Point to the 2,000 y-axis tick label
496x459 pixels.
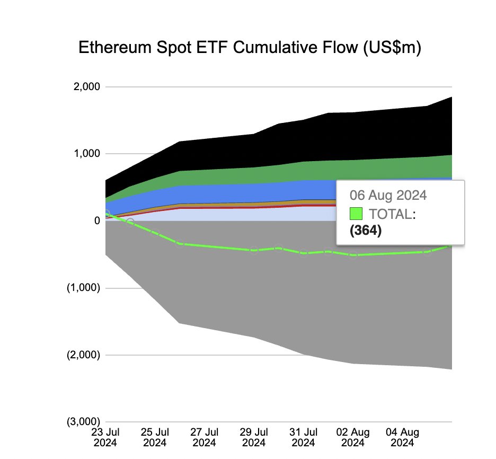pos(86,86)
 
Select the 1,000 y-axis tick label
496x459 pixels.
pos(86,154)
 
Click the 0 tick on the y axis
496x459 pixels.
pos(96,220)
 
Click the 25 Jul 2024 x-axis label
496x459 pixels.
pos(155,437)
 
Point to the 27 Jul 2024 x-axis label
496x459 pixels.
pos(204,437)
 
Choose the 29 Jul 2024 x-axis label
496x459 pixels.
pos(253,437)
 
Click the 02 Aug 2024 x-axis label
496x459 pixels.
pos(352,437)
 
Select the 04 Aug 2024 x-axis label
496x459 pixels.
pos(401,437)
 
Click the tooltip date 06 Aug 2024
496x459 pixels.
pos(388,195)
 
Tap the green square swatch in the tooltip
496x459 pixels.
pos(356,214)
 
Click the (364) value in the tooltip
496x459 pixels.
pos(366,232)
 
